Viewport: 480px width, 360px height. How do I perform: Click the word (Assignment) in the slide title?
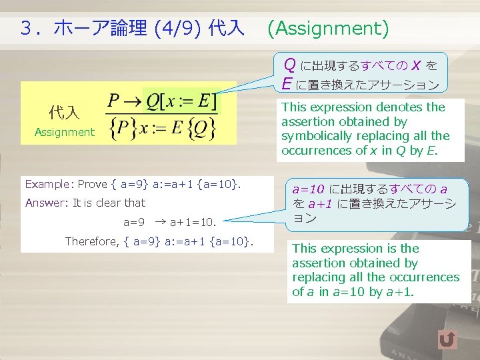point(327,28)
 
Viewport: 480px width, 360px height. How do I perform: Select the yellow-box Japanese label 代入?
point(64,112)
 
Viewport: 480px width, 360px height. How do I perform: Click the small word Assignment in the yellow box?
point(65,132)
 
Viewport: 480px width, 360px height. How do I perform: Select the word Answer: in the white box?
point(47,203)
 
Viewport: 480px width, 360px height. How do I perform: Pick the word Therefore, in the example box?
point(92,241)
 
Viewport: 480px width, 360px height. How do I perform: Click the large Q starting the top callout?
point(290,65)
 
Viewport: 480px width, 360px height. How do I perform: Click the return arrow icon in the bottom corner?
point(448,340)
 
